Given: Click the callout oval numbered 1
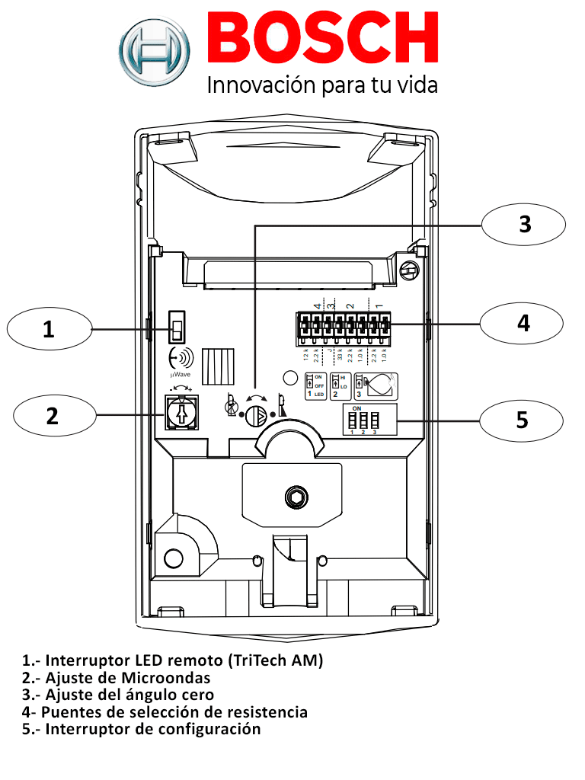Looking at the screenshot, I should [x=49, y=329].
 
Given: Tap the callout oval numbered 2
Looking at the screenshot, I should [x=52, y=416].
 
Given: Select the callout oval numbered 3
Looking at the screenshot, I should [x=524, y=224].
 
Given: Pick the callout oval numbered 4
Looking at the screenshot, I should [x=523, y=323].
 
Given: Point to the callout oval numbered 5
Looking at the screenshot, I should [x=522, y=420].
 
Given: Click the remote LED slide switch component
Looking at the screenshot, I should [x=177, y=328].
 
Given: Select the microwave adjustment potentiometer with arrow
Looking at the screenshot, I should [x=182, y=413].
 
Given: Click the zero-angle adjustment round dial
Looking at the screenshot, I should [x=258, y=414].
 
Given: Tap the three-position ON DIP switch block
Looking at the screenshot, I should [x=363, y=420].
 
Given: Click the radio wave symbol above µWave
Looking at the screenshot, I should [x=181, y=357].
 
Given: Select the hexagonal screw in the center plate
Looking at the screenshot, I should [x=292, y=499].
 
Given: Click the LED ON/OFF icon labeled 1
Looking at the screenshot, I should [x=315, y=386].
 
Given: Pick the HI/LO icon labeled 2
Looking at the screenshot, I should [x=340, y=386].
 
